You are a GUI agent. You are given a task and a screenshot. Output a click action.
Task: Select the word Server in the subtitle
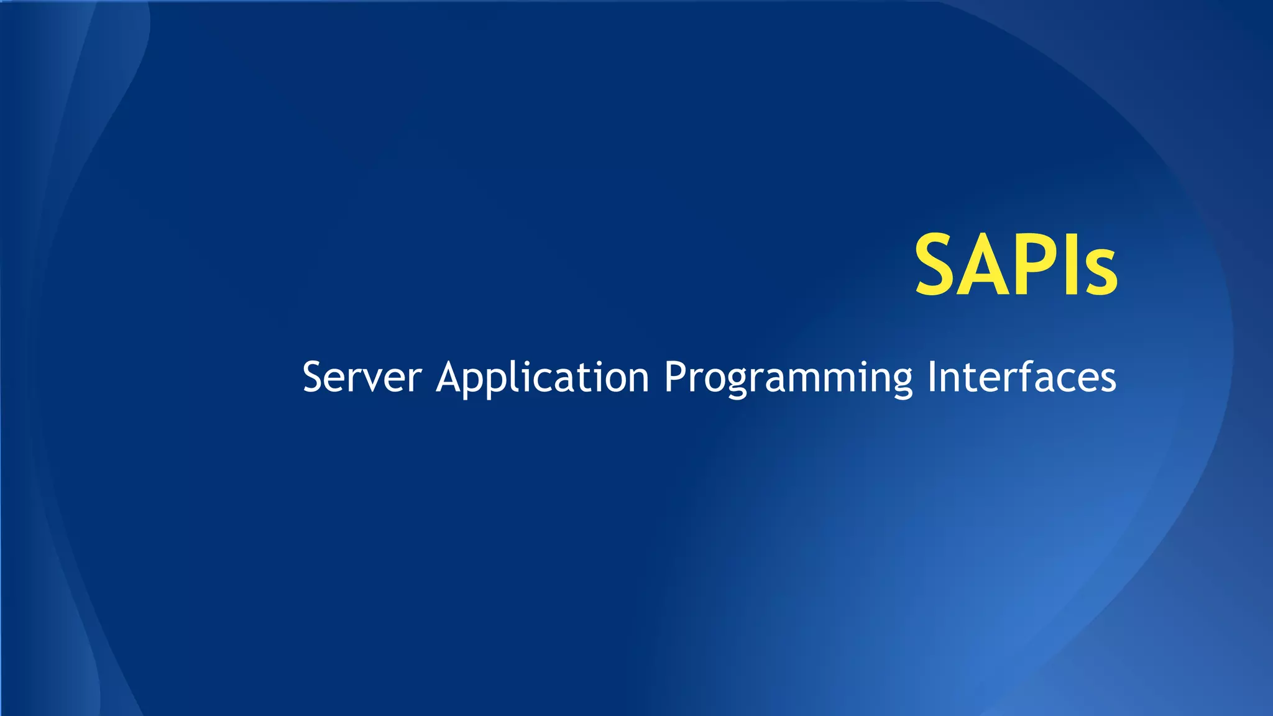(x=362, y=377)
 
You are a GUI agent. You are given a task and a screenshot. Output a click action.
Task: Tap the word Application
(x=543, y=377)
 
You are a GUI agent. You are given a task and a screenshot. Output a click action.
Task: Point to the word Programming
(x=788, y=377)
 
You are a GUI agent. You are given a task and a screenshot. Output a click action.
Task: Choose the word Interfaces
(x=1022, y=377)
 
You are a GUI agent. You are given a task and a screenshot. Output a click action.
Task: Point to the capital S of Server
(x=315, y=377)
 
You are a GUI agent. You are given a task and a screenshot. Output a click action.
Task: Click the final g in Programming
(x=901, y=382)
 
